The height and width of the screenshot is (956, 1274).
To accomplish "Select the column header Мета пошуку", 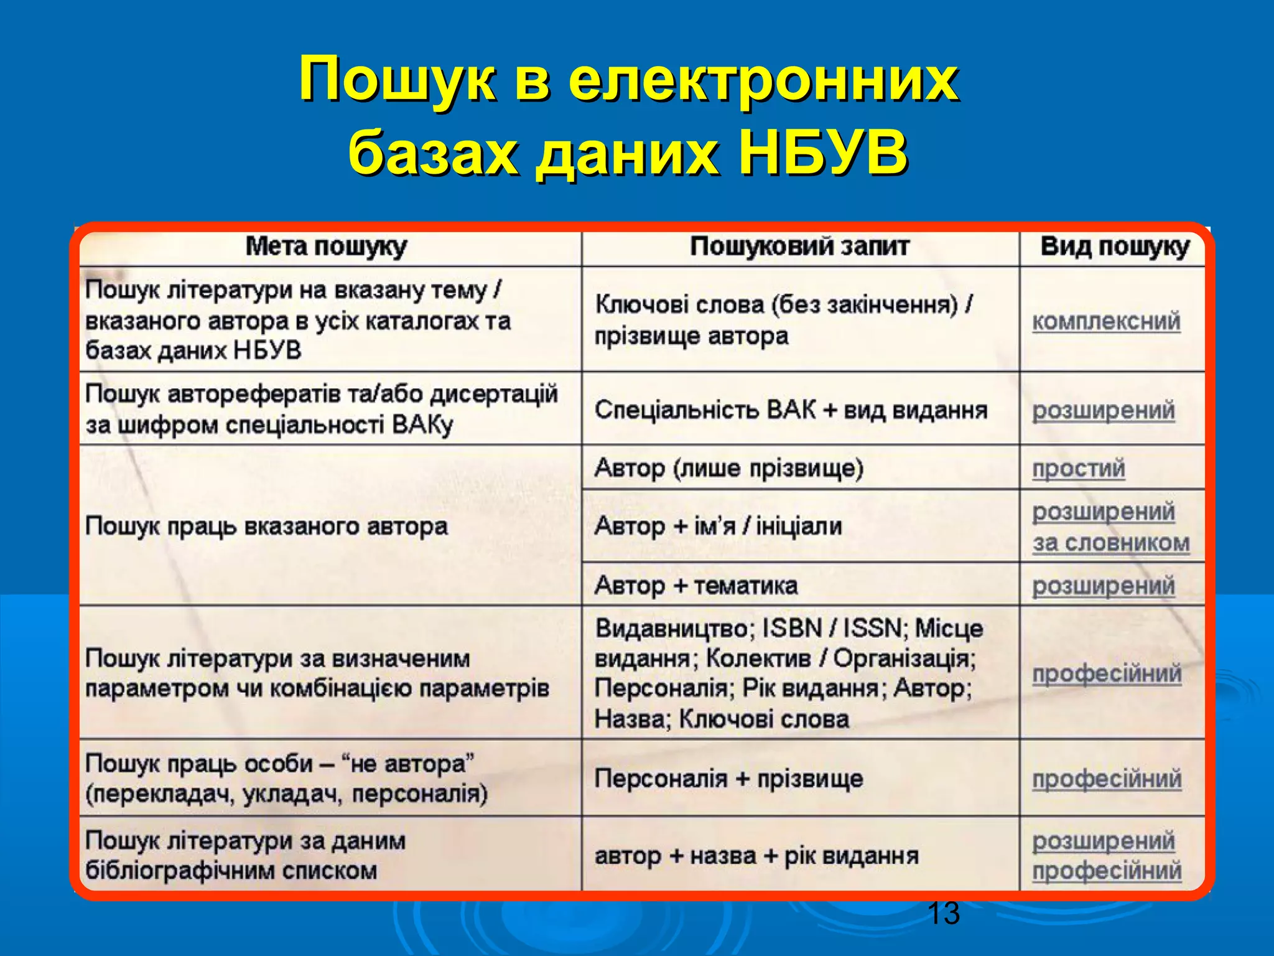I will pos(326,246).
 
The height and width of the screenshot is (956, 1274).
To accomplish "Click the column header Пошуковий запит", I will pos(799,246).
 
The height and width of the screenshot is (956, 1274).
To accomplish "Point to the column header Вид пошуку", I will pos(1114,246).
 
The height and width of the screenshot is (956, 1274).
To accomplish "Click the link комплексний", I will pos(1106,321).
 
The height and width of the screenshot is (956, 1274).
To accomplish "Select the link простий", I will pos(1079,468).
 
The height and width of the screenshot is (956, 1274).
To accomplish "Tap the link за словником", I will pos(1111,543).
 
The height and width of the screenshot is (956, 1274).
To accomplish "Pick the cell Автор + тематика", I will pos(696,585).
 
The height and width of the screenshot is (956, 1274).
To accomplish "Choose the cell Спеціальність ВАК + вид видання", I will pos(791,410).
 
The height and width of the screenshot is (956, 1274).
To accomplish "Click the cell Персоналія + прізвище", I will pos(728,779).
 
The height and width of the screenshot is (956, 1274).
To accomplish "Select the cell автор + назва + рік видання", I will pos(756,856).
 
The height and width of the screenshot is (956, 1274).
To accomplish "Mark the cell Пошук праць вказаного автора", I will pos(266,527).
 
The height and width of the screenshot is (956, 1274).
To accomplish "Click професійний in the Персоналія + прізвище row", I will pos(1107,779).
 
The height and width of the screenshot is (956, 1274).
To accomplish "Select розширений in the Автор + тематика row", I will pos(1104,586).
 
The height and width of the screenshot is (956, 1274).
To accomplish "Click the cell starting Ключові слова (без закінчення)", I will pos(783,320).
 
